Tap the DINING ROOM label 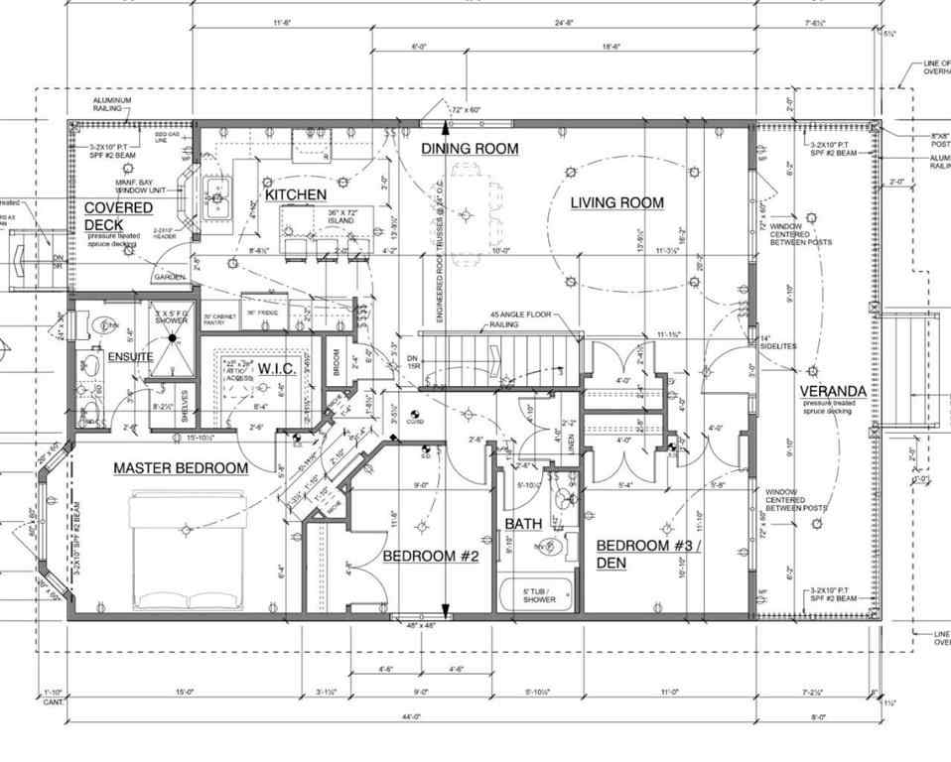coord(470,149)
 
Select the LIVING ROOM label coord(616,203)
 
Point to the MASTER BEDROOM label coord(180,467)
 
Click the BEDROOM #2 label coord(431,557)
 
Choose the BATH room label coord(522,523)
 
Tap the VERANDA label coord(834,391)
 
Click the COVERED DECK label coord(118,215)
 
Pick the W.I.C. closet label coord(274,369)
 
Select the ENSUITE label coord(131,355)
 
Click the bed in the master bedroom coord(188,550)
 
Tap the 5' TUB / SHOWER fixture coord(539,595)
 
